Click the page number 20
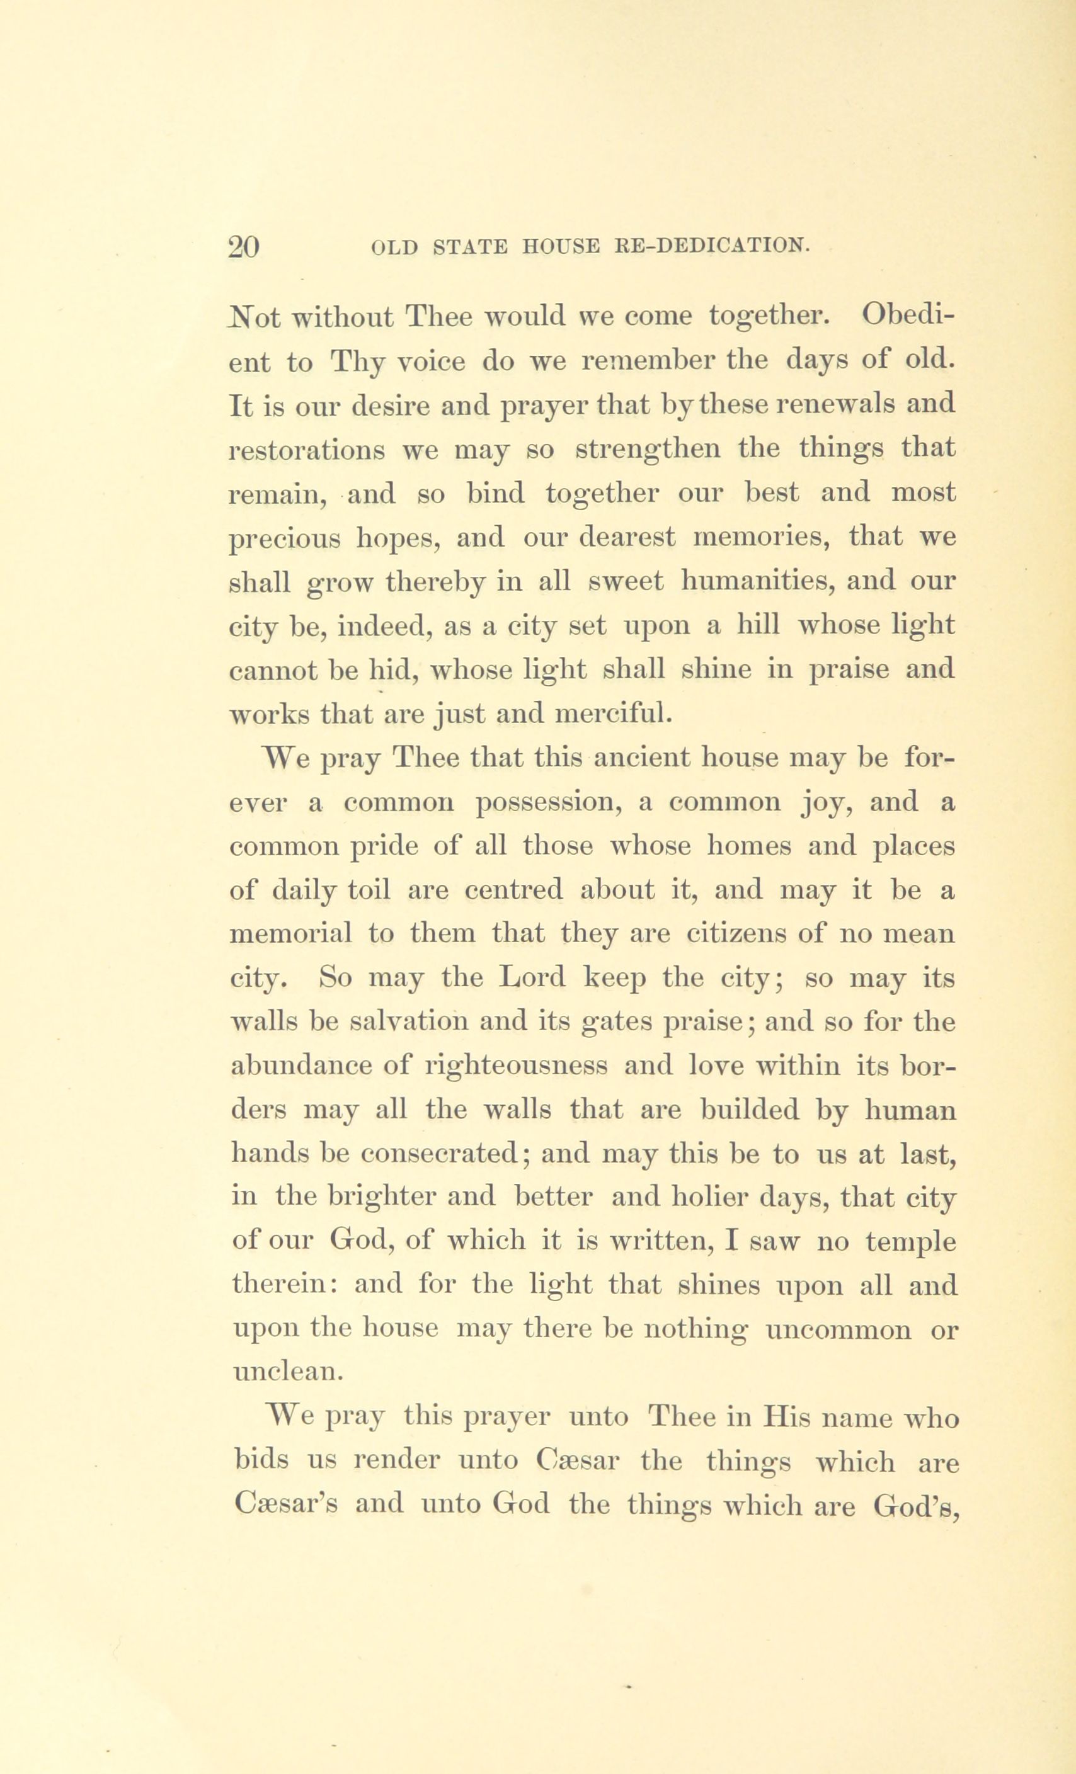[x=243, y=247]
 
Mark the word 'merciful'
[x=615, y=715]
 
